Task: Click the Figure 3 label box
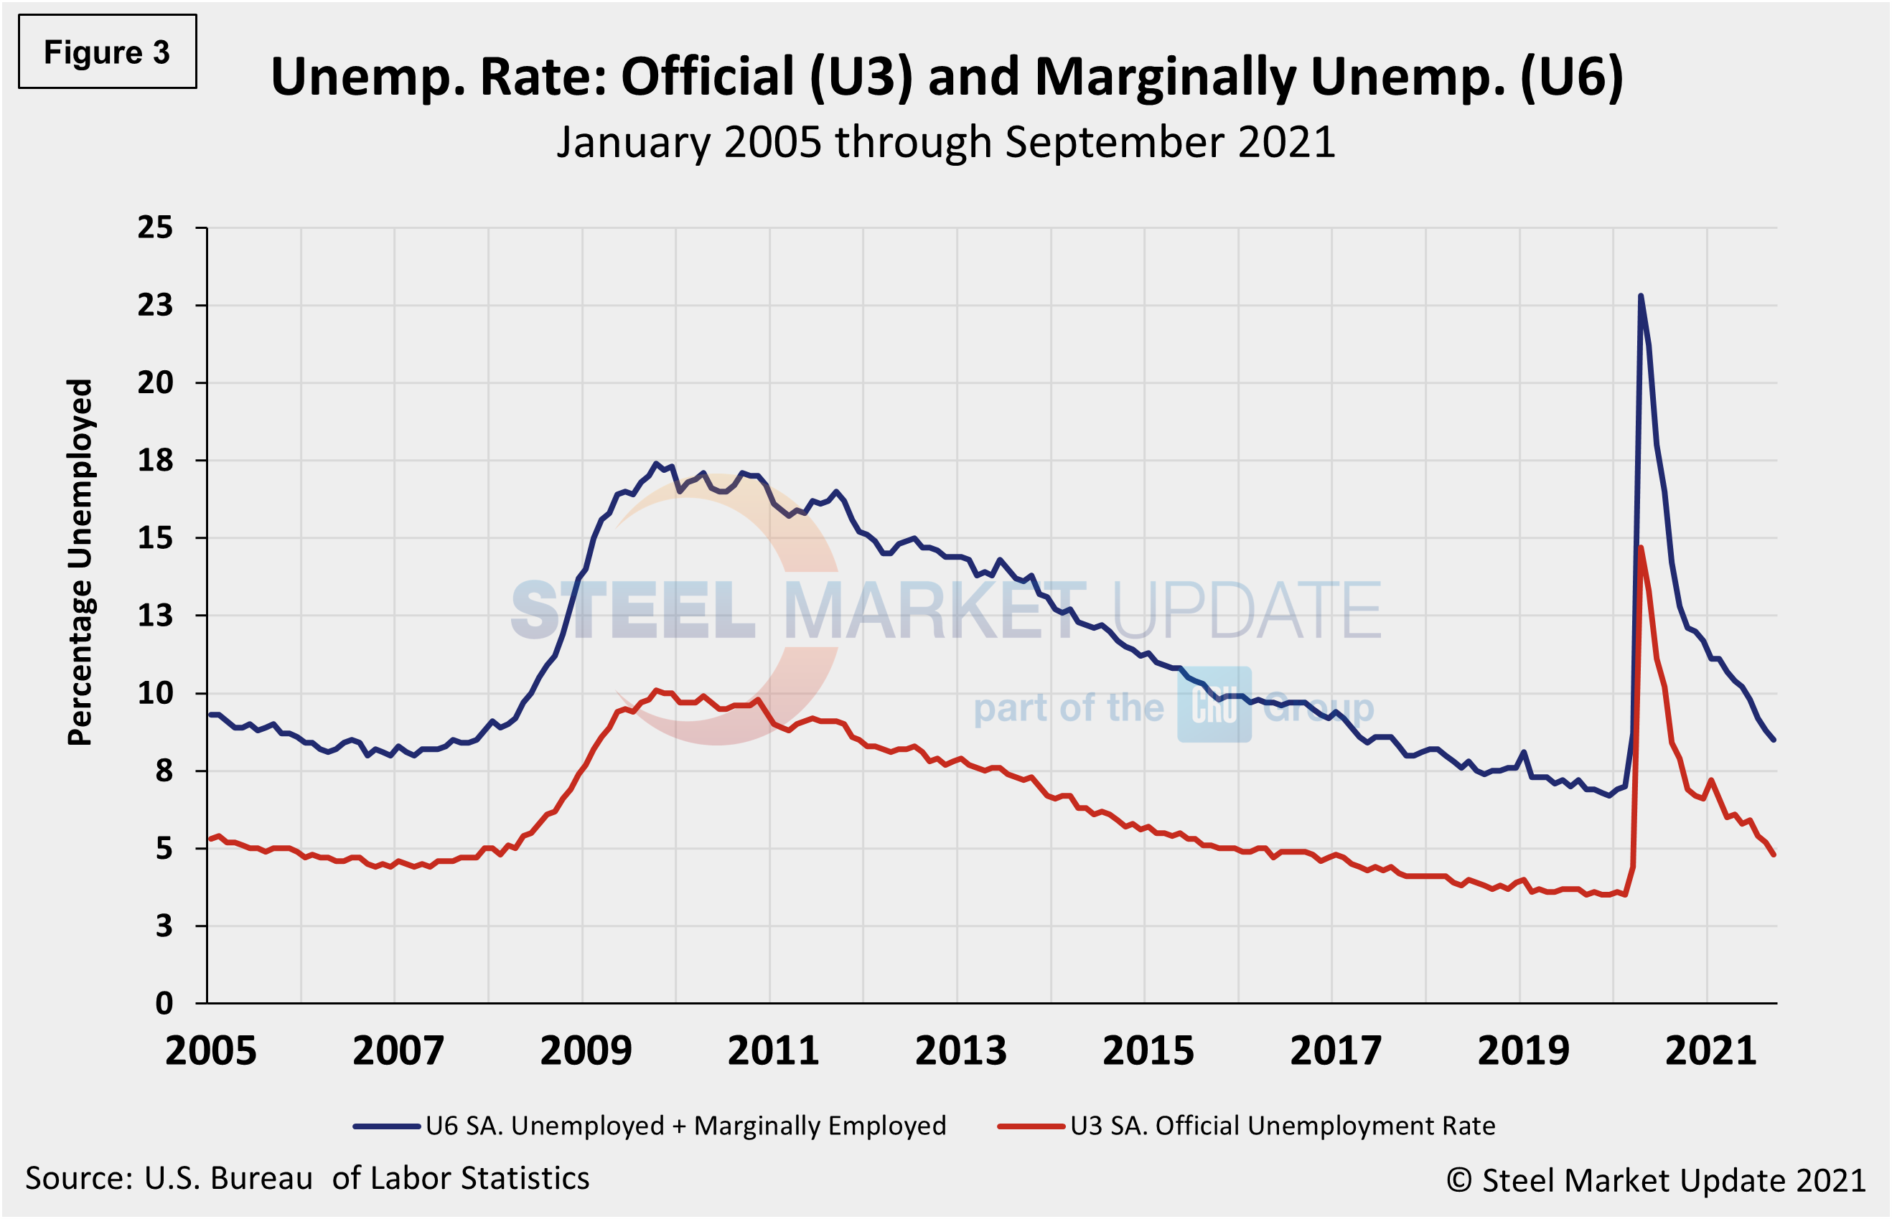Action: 107,52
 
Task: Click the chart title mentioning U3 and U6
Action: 946,77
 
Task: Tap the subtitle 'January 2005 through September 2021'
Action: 946,143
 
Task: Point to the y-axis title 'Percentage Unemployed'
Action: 80,562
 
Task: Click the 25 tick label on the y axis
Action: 155,228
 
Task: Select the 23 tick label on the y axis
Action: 155,306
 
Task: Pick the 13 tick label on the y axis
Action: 155,616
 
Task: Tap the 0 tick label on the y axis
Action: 164,1004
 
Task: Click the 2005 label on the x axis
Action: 210,1051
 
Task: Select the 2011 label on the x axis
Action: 772,1051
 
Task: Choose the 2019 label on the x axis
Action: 1523,1051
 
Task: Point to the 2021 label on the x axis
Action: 1710,1051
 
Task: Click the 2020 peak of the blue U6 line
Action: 1640,296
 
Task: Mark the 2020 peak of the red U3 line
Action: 1640,547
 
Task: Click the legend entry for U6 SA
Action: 649,1126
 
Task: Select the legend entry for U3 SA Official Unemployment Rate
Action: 1247,1126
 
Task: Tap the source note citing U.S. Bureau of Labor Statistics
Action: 307,1179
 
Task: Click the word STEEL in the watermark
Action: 633,611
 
